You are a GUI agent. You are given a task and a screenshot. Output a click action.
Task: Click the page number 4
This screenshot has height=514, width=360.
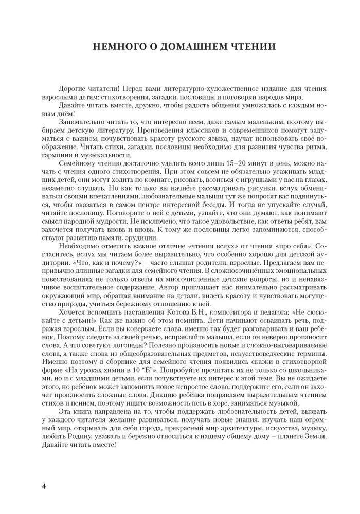(44, 486)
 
